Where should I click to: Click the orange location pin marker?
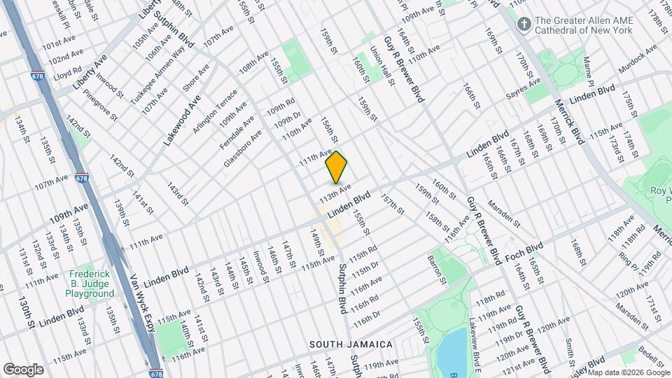tap(337, 167)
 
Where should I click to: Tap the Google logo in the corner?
tap(23, 370)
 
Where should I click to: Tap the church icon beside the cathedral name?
tap(523, 25)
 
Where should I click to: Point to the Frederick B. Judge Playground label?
tap(91, 284)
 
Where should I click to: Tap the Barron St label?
tap(437, 271)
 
